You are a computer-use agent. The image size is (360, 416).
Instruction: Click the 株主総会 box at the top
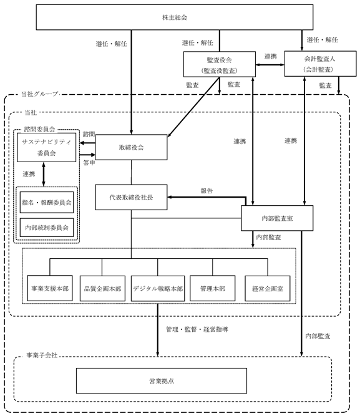click(175, 17)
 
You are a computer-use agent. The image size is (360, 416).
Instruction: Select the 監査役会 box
click(220, 64)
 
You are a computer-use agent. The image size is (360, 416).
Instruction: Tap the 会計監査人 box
click(320, 64)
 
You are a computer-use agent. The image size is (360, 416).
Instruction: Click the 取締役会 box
click(131, 147)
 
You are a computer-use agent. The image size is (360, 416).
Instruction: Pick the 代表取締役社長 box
click(131, 197)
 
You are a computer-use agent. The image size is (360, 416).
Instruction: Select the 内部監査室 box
click(277, 218)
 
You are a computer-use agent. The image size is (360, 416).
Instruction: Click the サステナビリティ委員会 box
click(46, 148)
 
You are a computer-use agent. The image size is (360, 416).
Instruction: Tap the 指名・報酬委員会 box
click(47, 203)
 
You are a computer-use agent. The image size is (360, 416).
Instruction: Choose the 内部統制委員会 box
click(47, 228)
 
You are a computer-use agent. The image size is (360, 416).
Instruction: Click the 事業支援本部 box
click(50, 288)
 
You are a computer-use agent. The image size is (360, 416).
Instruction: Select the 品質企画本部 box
click(102, 288)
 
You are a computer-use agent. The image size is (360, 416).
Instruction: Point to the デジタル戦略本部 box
click(158, 288)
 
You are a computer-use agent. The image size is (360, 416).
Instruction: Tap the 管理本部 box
click(212, 288)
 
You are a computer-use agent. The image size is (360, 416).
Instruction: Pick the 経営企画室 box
click(267, 288)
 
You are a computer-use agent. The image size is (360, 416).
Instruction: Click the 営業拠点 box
click(162, 380)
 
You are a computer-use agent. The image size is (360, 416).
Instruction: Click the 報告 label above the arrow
click(207, 191)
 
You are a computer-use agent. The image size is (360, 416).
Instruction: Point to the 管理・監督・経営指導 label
click(197, 329)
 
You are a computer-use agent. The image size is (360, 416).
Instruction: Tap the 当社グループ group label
click(39, 94)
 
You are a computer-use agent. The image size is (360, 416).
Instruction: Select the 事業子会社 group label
click(42, 356)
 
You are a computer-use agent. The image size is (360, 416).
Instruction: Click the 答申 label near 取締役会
click(89, 163)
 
